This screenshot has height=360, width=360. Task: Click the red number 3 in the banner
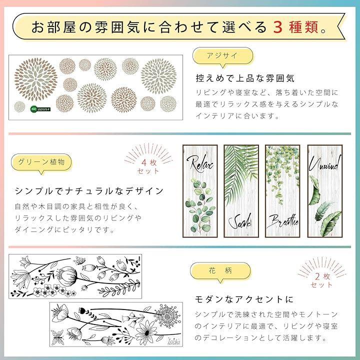277,27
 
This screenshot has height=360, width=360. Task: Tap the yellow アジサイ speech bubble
222,56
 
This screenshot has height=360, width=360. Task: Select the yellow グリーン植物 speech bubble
41,163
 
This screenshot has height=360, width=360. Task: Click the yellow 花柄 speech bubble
220,271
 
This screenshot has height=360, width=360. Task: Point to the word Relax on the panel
200,163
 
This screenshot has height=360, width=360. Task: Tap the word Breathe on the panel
284,221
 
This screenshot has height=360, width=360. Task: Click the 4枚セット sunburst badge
148,159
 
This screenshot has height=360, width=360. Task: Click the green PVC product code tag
40,109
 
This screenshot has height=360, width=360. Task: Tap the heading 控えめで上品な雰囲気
244,78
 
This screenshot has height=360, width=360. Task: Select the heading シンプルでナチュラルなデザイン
89,191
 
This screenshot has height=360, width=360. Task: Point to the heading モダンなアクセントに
244,299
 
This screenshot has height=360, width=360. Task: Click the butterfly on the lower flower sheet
57,337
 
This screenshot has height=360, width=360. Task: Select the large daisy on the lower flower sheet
146,332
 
